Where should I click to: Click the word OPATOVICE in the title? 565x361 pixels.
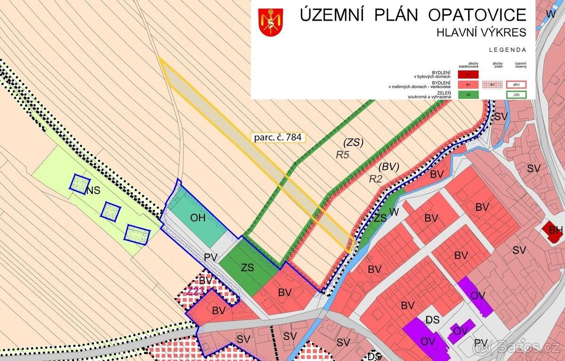tap(476, 15)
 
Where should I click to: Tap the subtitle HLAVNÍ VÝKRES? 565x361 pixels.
tap(481, 33)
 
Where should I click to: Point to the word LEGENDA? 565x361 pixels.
tap(508, 49)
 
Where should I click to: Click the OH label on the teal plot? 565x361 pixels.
tap(198, 218)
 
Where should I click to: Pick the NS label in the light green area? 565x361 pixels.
tap(93, 190)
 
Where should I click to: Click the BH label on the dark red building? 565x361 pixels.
tap(556, 230)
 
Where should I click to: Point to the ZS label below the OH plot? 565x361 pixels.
tap(247, 268)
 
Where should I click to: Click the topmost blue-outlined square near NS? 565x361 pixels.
tap(80, 182)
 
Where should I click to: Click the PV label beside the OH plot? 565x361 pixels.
tap(210, 258)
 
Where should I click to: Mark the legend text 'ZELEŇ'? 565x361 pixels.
tap(443, 92)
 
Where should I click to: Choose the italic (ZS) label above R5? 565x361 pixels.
tap(353, 142)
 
